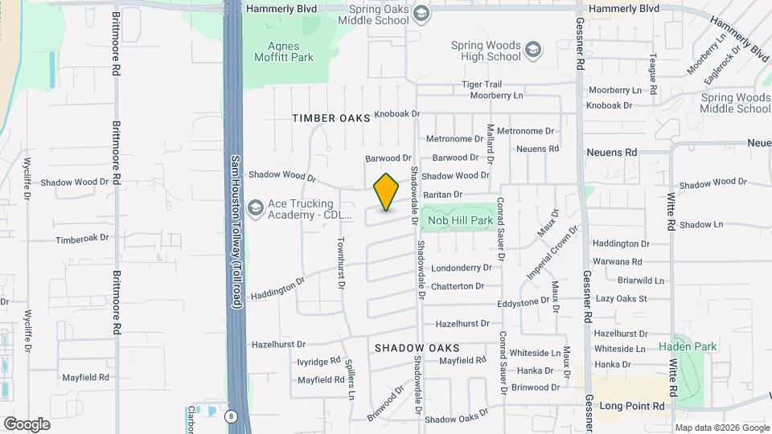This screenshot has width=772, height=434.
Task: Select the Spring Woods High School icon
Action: click(532, 51)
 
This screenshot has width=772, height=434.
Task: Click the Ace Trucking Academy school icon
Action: click(256, 208)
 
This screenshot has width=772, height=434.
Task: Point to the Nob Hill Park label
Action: click(460, 219)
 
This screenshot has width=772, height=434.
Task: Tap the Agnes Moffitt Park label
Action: click(285, 51)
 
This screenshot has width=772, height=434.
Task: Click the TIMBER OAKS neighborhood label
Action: click(331, 118)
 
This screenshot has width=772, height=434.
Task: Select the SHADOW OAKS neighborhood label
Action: click(417, 348)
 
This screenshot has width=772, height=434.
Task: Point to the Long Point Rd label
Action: click(633, 406)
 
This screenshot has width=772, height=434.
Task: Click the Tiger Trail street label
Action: click(482, 84)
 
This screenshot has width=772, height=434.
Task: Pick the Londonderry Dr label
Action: click(461, 268)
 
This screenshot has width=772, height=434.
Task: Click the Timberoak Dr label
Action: click(82, 239)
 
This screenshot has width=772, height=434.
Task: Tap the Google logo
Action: click(27, 424)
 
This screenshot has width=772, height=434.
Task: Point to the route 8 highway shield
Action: click(232, 416)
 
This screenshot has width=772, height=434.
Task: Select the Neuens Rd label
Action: click(612, 151)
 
